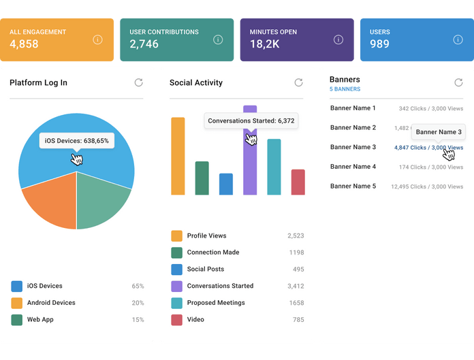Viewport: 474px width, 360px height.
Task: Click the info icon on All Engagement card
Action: pyautogui.click(x=97, y=39)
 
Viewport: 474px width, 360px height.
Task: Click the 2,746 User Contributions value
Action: pyautogui.click(x=144, y=44)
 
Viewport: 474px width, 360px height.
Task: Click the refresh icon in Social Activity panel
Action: pyautogui.click(x=298, y=82)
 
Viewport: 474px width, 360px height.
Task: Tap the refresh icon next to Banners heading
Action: pyautogui.click(x=458, y=82)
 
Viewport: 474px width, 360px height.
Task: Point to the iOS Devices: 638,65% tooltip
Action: pyautogui.click(x=76, y=141)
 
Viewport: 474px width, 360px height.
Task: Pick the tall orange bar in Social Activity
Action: pyautogui.click(x=178, y=156)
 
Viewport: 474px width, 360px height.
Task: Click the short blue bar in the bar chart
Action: pyautogui.click(x=226, y=184)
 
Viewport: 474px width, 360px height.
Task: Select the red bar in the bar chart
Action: pyautogui.click(x=298, y=182)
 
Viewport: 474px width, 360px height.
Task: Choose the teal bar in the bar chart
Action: pyautogui.click(x=274, y=167)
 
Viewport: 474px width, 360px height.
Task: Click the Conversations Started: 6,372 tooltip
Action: pyautogui.click(x=251, y=121)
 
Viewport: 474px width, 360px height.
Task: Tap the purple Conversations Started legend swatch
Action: pyautogui.click(x=176, y=287)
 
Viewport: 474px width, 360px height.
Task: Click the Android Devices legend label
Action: pyautogui.click(x=51, y=303)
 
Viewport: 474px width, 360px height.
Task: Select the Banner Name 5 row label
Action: pyautogui.click(x=353, y=186)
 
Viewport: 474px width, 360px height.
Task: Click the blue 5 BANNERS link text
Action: pyautogui.click(x=345, y=89)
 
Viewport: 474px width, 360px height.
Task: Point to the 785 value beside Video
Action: pyautogui.click(x=298, y=320)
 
